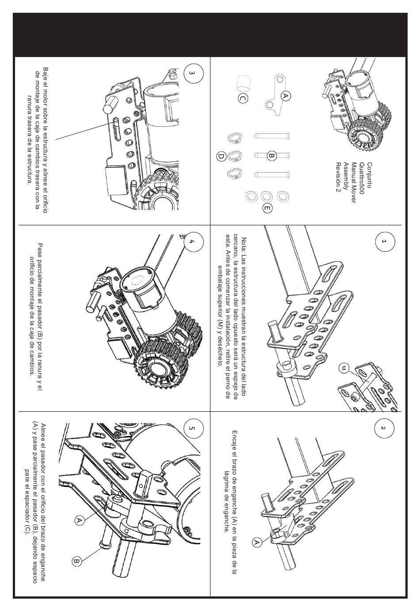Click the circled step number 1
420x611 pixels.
[384, 242]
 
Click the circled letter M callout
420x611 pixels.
[344, 368]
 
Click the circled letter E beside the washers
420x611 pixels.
[267, 208]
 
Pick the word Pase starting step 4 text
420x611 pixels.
[40, 250]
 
